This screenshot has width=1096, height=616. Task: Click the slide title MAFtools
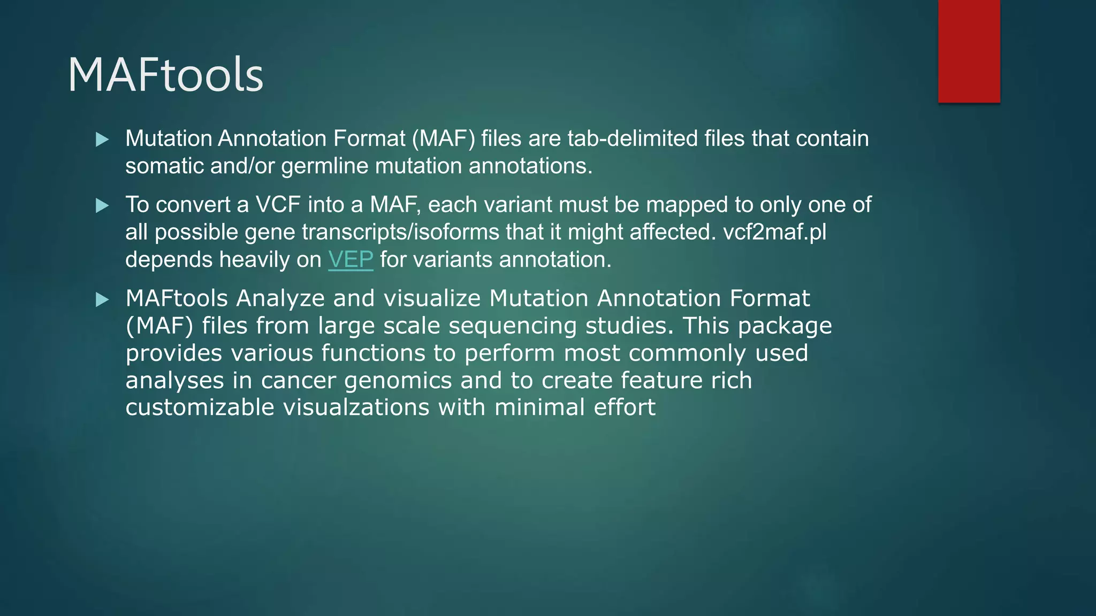coord(165,75)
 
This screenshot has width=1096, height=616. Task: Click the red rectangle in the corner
coord(969,51)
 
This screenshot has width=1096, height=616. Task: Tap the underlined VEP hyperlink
coord(351,260)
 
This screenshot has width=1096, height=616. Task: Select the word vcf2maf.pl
coord(774,232)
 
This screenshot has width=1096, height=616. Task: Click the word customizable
coord(200,407)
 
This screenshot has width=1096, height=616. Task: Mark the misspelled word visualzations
coord(356,407)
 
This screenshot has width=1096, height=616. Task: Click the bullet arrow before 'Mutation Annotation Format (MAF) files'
coord(102,140)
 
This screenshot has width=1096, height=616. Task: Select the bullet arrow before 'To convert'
coord(102,206)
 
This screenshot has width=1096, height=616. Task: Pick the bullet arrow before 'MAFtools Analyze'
coord(102,300)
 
